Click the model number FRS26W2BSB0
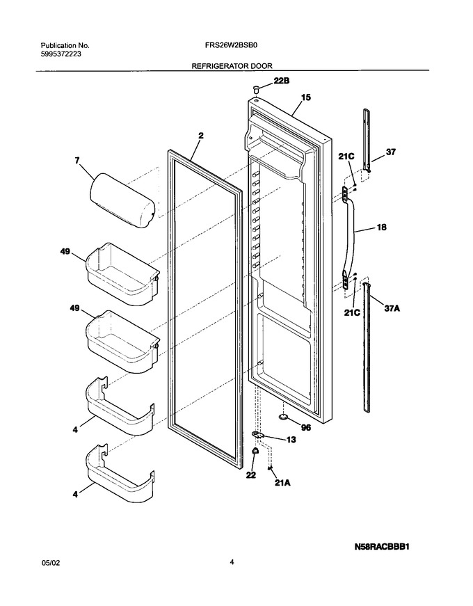tap(232, 45)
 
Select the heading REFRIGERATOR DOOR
tap(232, 66)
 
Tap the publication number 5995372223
tap(61, 54)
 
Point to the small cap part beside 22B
tap(255, 89)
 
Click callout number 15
tap(306, 97)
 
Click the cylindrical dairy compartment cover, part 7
tap(122, 200)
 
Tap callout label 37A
tap(392, 308)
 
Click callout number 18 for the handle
tap(381, 228)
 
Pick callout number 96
tap(305, 428)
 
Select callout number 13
tap(291, 440)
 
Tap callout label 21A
tap(282, 483)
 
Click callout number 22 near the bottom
tap(251, 475)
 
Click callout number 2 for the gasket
tap(201, 136)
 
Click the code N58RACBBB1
tap(382, 547)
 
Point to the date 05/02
tap(51, 563)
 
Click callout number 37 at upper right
tap(391, 152)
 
